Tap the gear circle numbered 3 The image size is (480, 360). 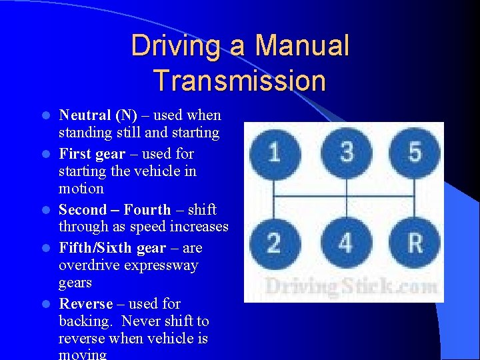coord(345,153)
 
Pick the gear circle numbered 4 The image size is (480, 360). coord(345,243)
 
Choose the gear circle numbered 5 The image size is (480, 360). coord(415,153)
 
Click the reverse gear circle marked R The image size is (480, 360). coord(415,243)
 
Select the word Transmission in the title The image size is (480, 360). coord(239,81)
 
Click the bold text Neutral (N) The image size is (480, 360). coord(98,115)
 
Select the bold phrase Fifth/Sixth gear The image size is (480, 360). coord(112,248)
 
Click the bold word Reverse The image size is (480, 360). coord(86,304)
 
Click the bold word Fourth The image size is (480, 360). coord(147,209)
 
